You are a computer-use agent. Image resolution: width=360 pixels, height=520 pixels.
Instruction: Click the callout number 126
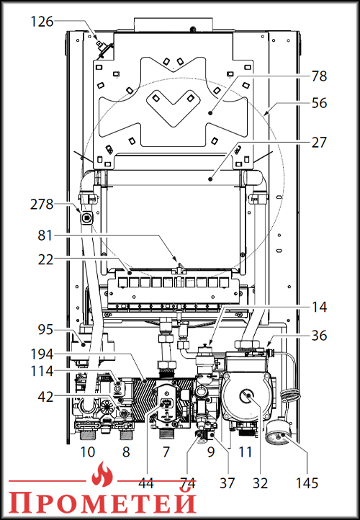42,22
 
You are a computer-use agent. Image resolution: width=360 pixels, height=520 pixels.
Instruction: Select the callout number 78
319,76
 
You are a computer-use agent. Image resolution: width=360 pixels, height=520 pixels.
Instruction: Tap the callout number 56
319,103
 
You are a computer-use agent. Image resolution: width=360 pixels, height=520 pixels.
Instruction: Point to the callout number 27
319,143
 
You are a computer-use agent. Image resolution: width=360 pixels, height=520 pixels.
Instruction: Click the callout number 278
42,205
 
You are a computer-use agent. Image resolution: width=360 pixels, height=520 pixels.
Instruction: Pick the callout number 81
45,236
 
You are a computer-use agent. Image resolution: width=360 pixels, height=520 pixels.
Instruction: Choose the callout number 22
45,260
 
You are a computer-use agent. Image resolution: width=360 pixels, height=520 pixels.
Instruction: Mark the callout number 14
319,307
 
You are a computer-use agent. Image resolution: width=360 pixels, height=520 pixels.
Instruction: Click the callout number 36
319,336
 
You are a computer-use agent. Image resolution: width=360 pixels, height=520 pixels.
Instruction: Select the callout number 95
45,330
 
